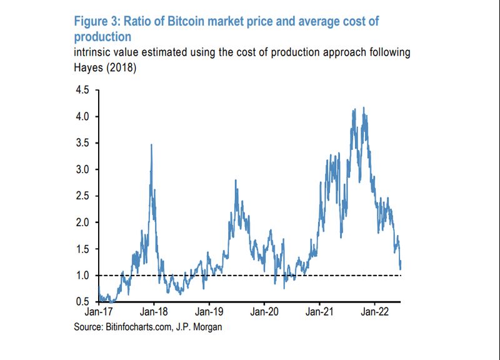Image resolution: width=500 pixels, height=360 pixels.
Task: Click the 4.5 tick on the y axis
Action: tap(82, 90)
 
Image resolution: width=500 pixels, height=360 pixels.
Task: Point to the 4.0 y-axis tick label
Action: tap(82, 117)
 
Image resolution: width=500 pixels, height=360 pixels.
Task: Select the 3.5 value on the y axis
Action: tap(82, 143)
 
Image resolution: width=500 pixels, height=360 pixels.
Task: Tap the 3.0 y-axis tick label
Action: tap(82, 169)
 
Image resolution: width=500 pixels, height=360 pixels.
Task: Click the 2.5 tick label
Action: tap(82, 196)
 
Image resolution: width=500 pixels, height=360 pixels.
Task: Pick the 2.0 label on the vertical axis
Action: tap(82, 222)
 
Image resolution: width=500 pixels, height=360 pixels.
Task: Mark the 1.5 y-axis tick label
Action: tap(82, 249)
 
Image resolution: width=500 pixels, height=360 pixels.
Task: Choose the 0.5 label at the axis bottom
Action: tap(82, 302)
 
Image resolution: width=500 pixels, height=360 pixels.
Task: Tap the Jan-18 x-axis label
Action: tap(154, 311)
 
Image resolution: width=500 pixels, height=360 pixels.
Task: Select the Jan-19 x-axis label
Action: tap(209, 311)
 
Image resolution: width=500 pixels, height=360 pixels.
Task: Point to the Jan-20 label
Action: tap(264, 311)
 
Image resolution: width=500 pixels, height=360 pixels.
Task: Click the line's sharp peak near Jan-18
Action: tap(152, 145)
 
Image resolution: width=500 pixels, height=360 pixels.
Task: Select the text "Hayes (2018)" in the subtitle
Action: tap(105, 67)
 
